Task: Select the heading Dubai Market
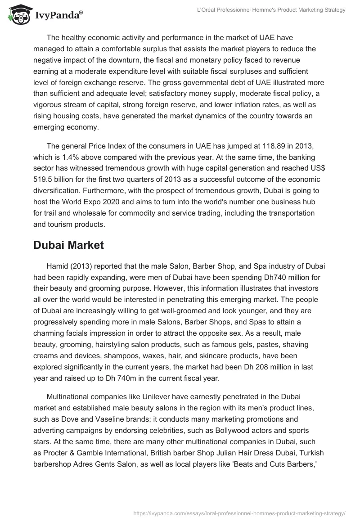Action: (x=68, y=245)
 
